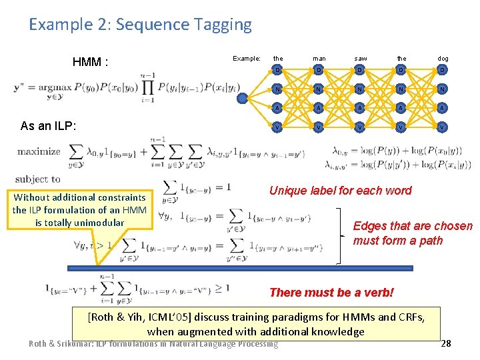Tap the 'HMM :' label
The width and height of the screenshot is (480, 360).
point(90,63)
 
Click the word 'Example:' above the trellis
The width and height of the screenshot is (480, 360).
point(246,58)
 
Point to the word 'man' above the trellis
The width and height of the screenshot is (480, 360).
point(318,58)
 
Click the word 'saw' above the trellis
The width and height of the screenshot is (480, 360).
point(360,58)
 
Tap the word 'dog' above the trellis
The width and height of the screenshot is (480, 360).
point(443,58)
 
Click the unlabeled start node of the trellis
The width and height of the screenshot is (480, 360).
point(242,97)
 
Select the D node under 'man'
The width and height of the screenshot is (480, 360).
point(318,70)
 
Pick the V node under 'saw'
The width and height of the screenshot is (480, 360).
point(360,126)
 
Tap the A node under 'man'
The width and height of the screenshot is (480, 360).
point(318,107)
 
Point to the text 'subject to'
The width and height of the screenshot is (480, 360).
point(37,179)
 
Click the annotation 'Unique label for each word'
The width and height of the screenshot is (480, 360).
point(340,191)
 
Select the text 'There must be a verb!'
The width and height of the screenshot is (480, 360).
point(331,292)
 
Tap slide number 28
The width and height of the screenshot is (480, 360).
point(446,343)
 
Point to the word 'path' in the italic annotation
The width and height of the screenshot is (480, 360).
point(431,240)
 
